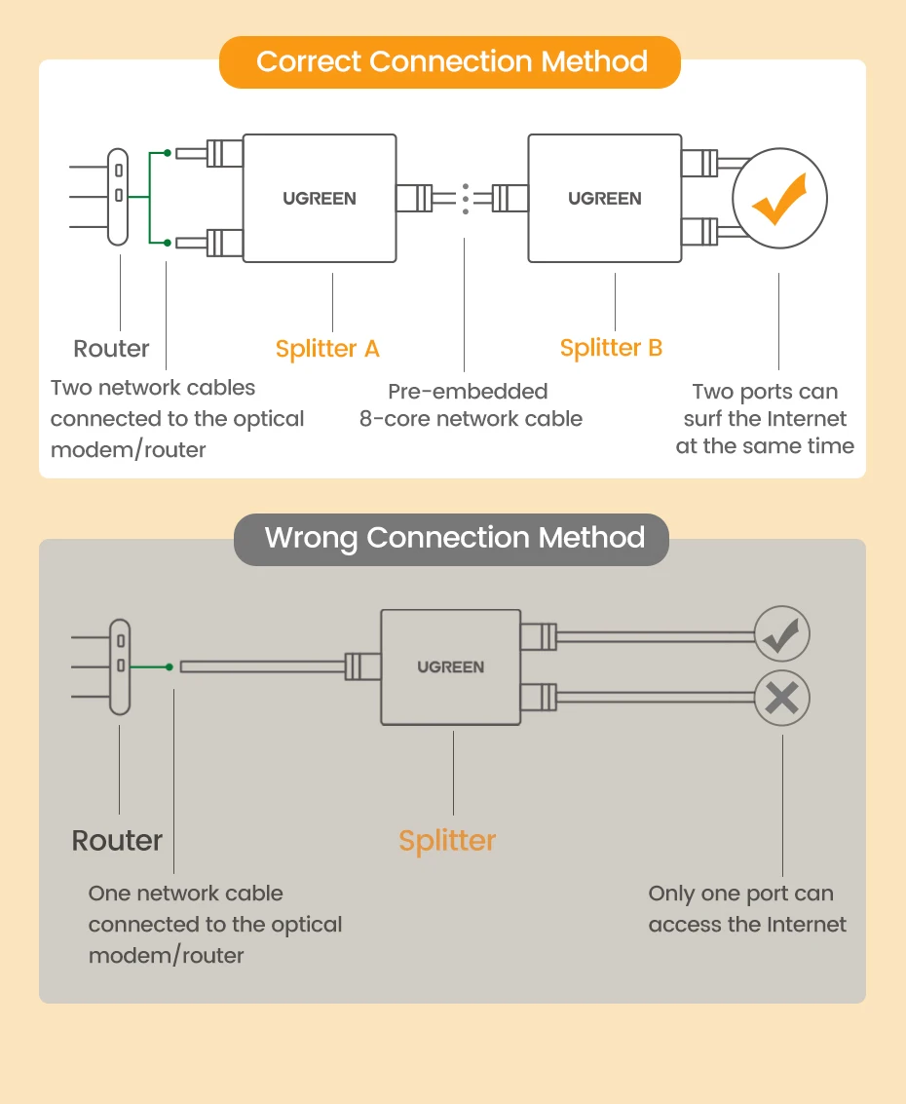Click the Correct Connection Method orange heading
pyautogui.click(x=451, y=62)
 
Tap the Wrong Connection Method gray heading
pyautogui.click(x=453, y=538)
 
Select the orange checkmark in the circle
pyautogui.click(x=779, y=199)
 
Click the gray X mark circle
pyautogui.click(x=781, y=698)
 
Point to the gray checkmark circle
pyautogui.click(x=781, y=636)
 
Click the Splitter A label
pyautogui.click(x=327, y=349)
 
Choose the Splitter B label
pyautogui.click(x=611, y=348)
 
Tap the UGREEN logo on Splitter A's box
pyautogui.click(x=320, y=199)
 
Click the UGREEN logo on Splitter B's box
pyautogui.click(x=605, y=199)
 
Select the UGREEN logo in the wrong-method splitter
pyautogui.click(x=450, y=667)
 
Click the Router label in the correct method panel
pyautogui.click(x=112, y=349)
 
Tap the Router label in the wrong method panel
pyautogui.click(x=117, y=840)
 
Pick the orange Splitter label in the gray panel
pyautogui.click(x=447, y=840)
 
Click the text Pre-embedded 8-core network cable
pyautogui.click(x=471, y=405)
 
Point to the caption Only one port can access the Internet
pyautogui.click(x=747, y=909)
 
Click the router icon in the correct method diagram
pyautogui.click(x=118, y=197)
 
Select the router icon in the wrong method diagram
pyautogui.click(x=120, y=667)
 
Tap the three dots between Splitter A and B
pyautogui.click(x=465, y=198)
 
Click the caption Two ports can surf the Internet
pyautogui.click(x=765, y=419)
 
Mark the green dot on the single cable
pyautogui.click(x=170, y=667)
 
